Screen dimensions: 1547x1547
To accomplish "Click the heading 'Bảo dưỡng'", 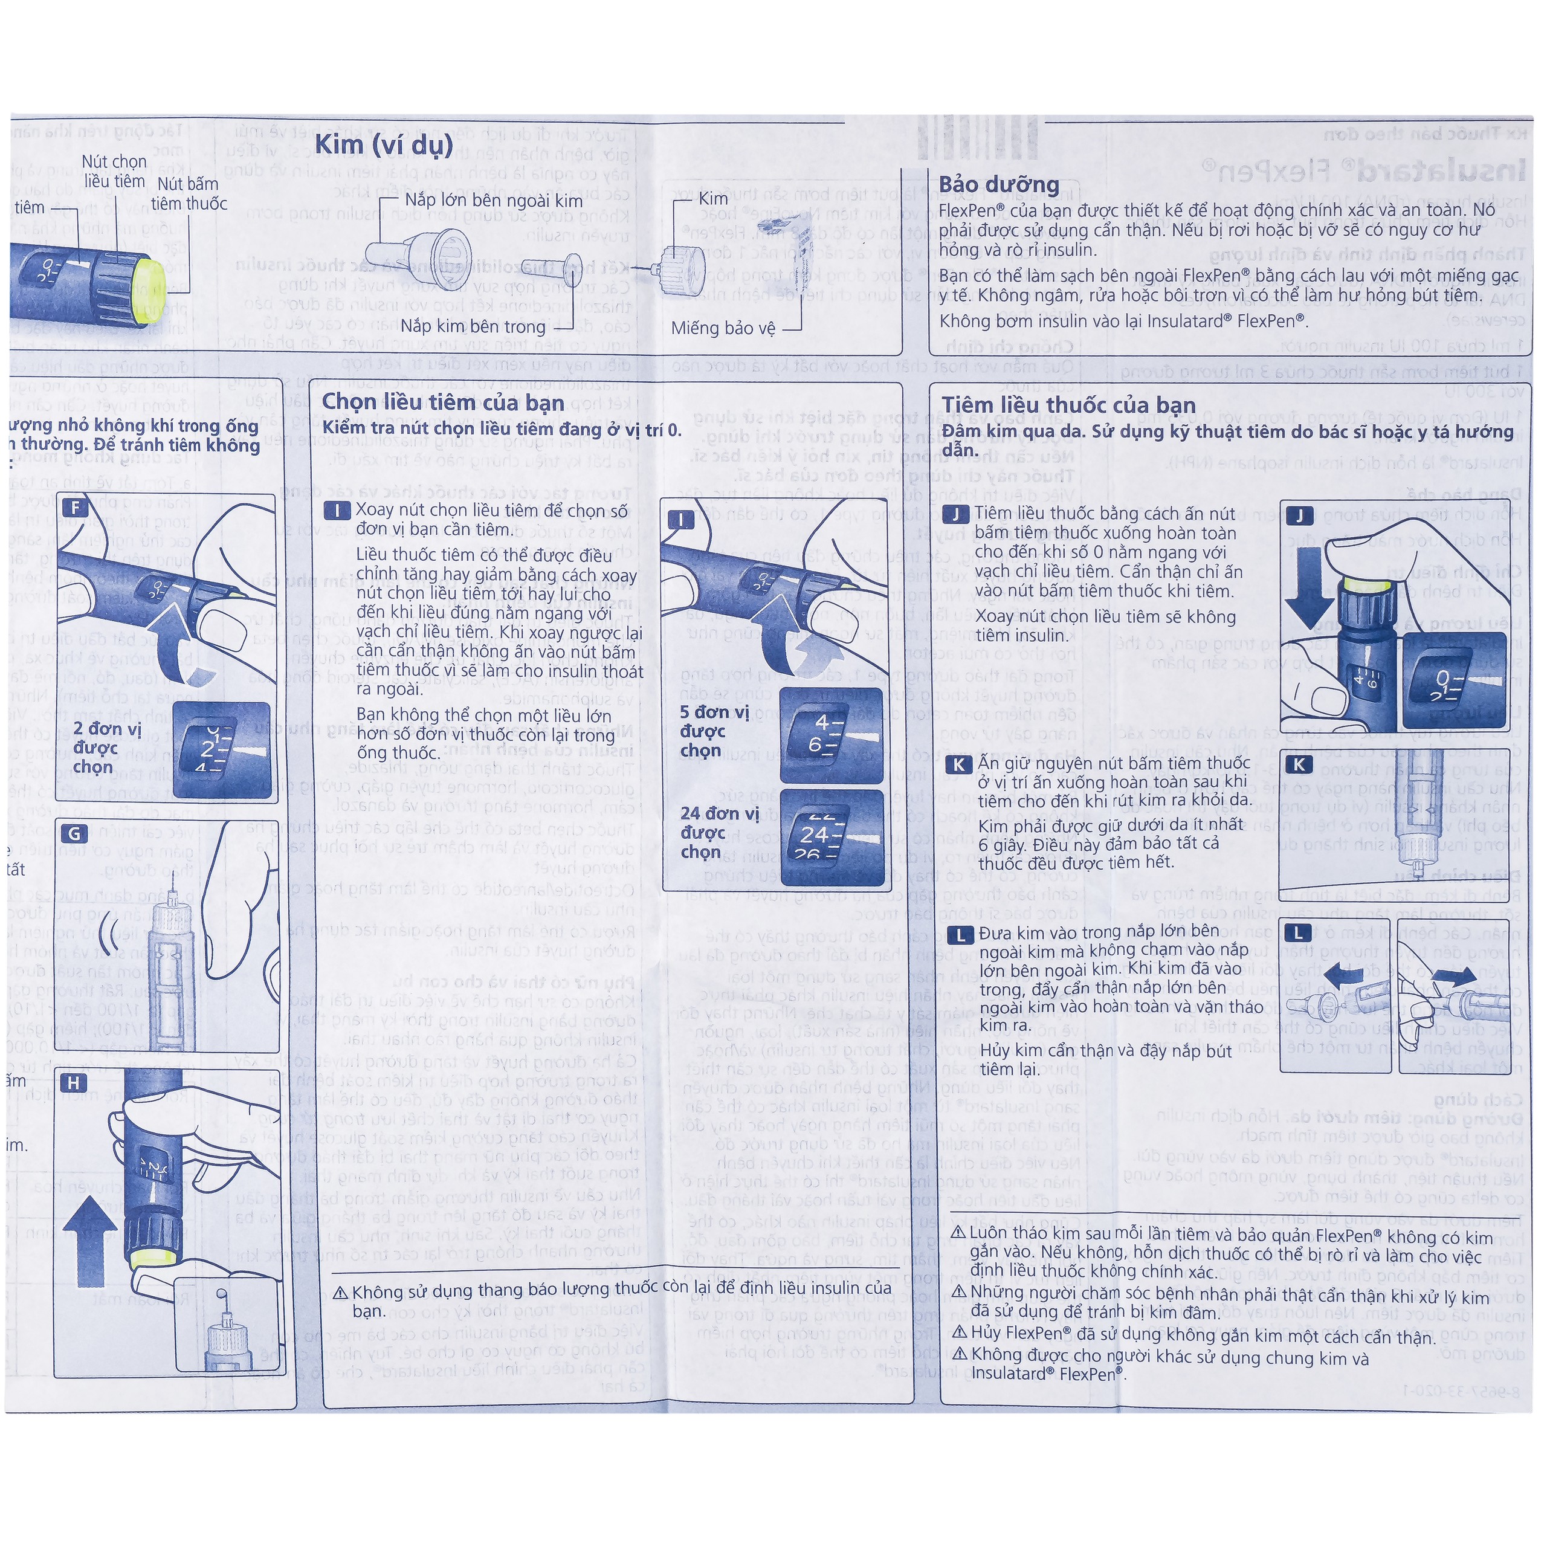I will click(998, 184).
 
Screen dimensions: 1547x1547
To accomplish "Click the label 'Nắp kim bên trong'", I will click(473, 326).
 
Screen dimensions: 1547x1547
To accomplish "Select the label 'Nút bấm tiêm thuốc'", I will click(189, 194).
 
